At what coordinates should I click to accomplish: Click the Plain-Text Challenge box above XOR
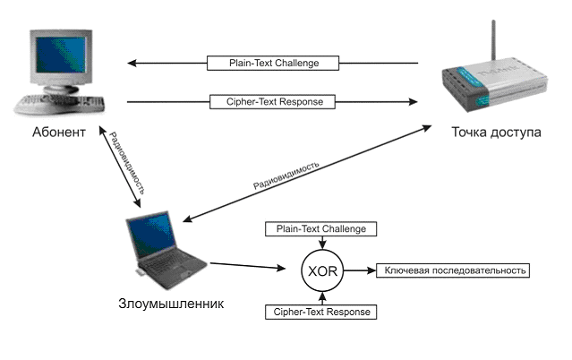[x=321, y=229]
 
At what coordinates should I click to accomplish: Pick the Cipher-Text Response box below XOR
[x=321, y=312]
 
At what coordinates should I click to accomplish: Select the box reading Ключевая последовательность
[x=457, y=270]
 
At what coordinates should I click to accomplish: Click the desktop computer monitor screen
[x=59, y=58]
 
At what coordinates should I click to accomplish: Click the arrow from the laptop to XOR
[x=251, y=266]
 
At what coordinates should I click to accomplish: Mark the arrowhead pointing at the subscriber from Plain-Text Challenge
[x=132, y=64]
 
